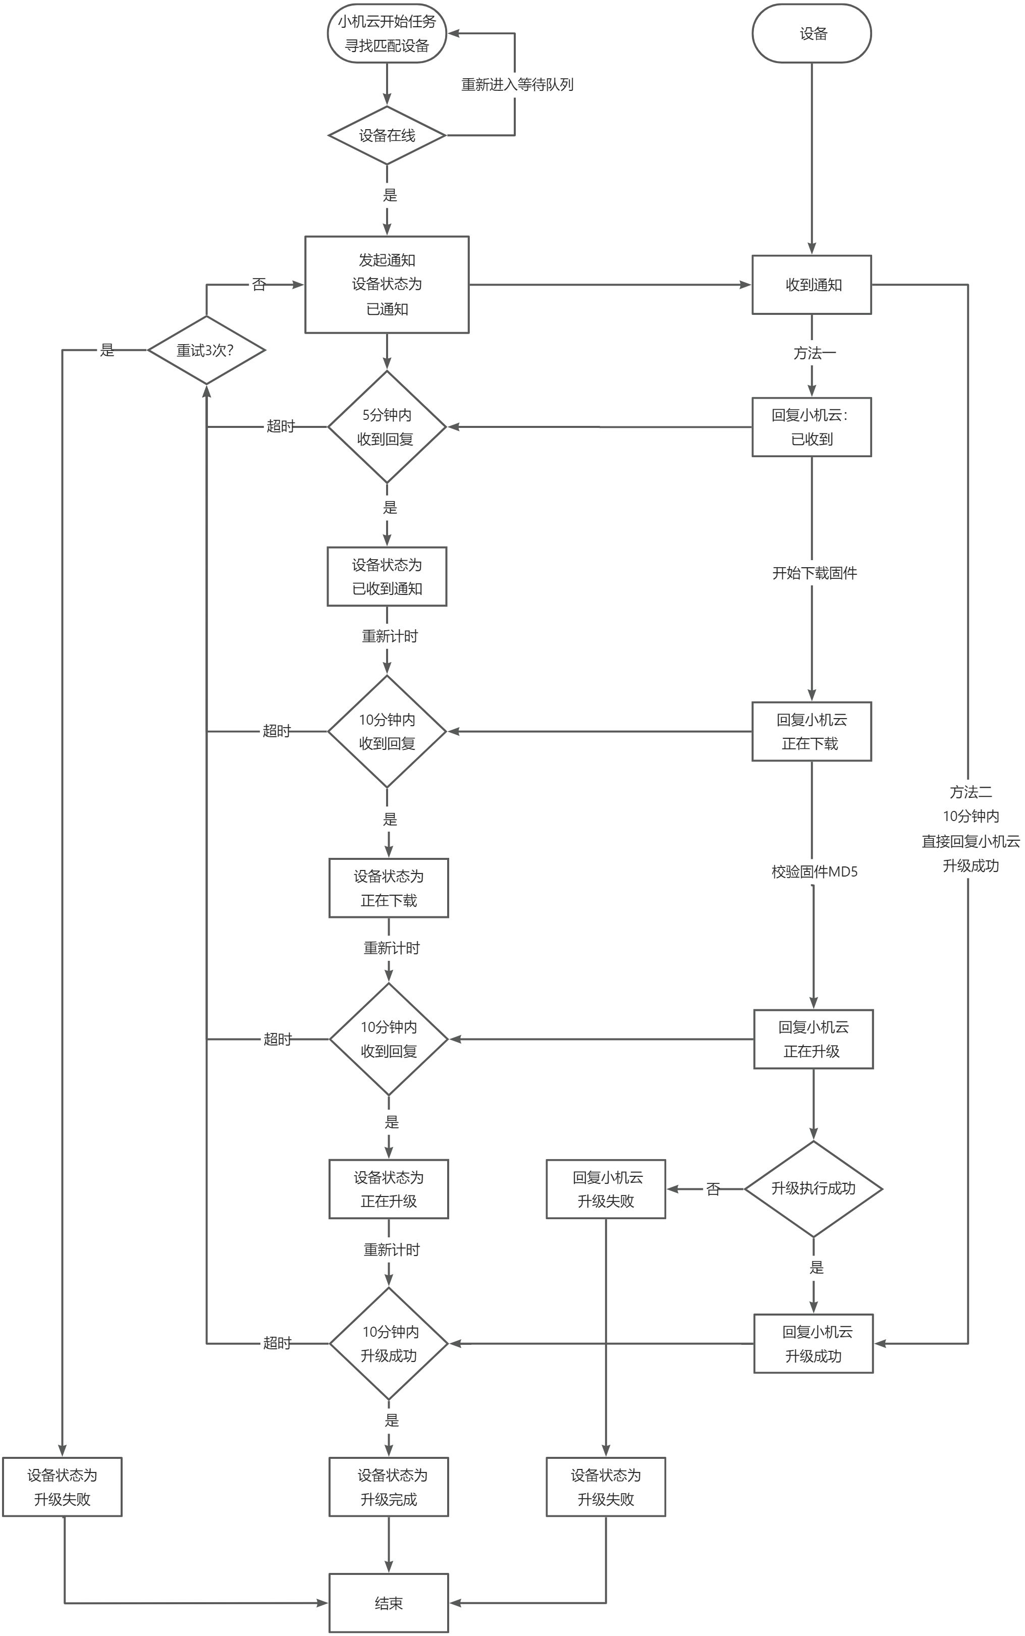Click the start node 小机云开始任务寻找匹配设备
click(387, 34)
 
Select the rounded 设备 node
click(812, 34)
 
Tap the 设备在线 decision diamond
click(387, 136)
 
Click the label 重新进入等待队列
click(517, 85)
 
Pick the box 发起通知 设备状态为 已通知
click(387, 285)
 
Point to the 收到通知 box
click(812, 285)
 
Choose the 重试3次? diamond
click(206, 350)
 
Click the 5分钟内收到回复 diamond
click(387, 427)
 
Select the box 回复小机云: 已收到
click(812, 427)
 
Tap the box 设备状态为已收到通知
click(387, 576)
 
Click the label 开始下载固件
click(814, 573)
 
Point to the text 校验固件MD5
click(814, 872)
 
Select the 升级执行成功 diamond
click(813, 1189)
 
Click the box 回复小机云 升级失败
click(606, 1189)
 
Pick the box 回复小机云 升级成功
click(813, 1344)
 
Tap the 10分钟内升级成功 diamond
click(389, 1343)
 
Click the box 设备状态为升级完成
click(389, 1487)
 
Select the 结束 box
click(389, 1603)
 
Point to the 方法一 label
click(814, 353)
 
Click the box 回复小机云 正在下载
click(812, 731)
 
